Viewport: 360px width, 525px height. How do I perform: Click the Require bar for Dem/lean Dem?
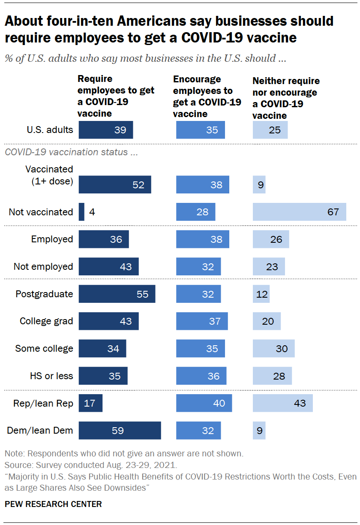[120, 430]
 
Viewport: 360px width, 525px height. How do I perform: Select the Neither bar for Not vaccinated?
[300, 212]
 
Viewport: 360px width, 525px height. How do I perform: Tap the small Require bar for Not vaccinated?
[81, 212]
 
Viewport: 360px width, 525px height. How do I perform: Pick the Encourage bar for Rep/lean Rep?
[204, 403]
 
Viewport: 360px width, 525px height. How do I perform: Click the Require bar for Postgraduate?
[117, 294]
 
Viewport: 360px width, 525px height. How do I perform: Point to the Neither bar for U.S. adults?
[270, 130]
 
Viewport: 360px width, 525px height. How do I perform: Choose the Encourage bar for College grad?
[202, 321]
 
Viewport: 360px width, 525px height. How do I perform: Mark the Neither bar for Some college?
[273, 348]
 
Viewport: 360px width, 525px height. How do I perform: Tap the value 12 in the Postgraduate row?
[262, 294]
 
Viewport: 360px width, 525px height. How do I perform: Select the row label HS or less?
[51, 376]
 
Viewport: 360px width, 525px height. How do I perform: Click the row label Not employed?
[43, 266]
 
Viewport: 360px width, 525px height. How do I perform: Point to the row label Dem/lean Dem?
[40, 430]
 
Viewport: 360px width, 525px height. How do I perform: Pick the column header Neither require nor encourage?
[286, 98]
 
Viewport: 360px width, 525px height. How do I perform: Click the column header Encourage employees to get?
[207, 97]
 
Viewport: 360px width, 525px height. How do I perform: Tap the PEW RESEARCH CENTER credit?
[53, 504]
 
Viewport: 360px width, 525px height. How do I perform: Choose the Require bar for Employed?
[104, 239]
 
